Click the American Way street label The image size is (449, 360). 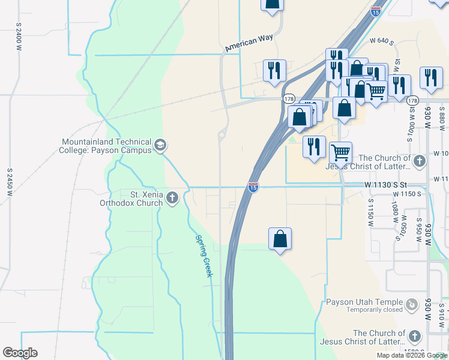click(x=249, y=43)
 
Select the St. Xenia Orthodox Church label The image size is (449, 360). click(x=130, y=199)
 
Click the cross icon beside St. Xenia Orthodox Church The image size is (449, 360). click(x=172, y=198)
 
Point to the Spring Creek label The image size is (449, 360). click(x=203, y=255)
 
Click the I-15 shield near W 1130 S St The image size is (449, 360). click(x=253, y=188)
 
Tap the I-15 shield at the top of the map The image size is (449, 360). click(x=375, y=11)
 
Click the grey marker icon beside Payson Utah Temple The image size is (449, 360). click(x=412, y=305)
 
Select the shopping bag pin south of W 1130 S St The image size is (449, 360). click(x=280, y=239)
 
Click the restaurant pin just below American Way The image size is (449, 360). click(x=273, y=70)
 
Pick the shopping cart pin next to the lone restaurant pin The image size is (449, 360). click(x=340, y=152)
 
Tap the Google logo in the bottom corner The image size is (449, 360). click(x=20, y=353)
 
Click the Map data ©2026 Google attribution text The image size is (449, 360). click(x=412, y=355)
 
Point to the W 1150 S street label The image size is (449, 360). click(x=408, y=194)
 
